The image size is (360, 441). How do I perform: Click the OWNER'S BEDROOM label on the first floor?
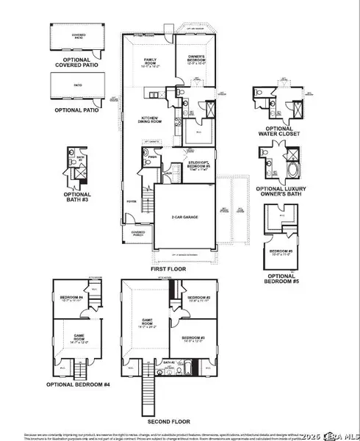195,61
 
